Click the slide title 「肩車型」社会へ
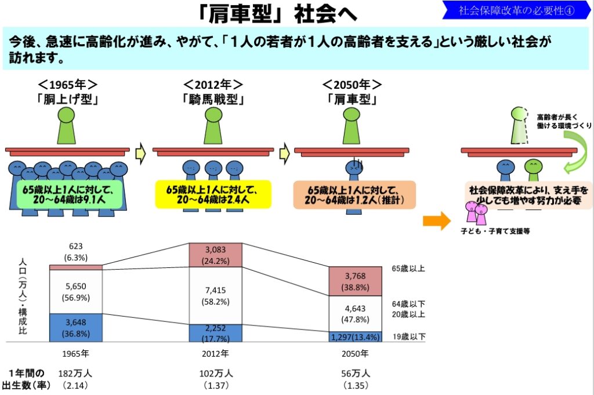pyautogui.click(x=277, y=14)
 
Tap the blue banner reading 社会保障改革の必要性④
pyautogui.click(x=516, y=10)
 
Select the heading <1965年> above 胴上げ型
pyautogui.click(x=67, y=84)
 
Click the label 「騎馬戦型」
pyautogui.click(x=213, y=99)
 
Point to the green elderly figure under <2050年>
pyautogui.click(x=352, y=125)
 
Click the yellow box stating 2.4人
pyautogui.click(x=213, y=194)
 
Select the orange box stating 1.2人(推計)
pyautogui.click(x=354, y=195)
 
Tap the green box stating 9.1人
pyautogui.click(x=70, y=194)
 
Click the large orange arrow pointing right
pyautogui.click(x=437, y=220)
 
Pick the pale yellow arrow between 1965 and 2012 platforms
pyautogui.click(x=140, y=153)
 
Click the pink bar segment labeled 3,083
pyautogui.click(x=215, y=255)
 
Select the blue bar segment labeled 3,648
pyautogui.click(x=76, y=328)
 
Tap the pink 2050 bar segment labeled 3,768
pyautogui.click(x=355, y=281)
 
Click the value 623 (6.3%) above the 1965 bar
pyautogui.click(x=76, y=252)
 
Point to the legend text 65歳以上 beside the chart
pyautogui.click(x=408, y=269)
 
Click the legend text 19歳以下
pyautogui.click(x=409, y=336)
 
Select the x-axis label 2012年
pyautogui.click(x=215, y=353)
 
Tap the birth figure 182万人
pyautogui.click(x=75, y=373)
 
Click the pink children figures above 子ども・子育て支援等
pyautogui.click(x=476, y=213)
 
